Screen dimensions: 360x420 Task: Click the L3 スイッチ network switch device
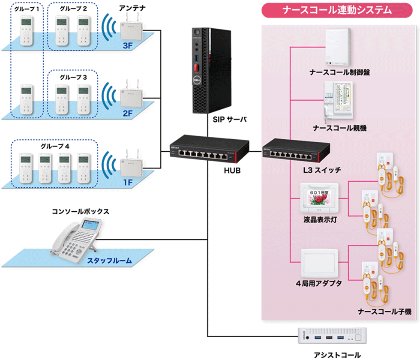coord(296,151)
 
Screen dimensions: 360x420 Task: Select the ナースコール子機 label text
coord(384,312)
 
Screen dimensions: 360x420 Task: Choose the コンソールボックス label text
coord(80,211)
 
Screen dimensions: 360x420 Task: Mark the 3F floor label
coord(128,46)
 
